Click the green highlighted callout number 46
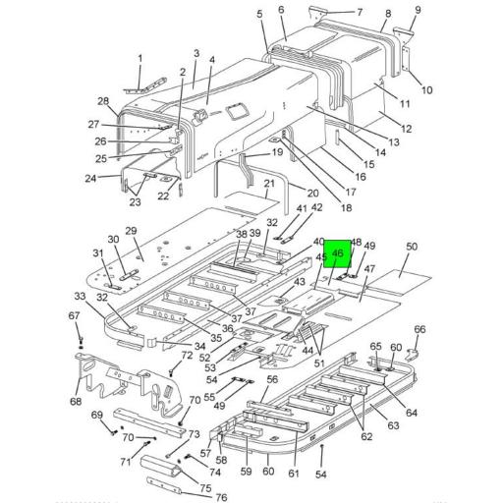click(x=338, y=253)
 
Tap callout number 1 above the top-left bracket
click(x=140, y=59)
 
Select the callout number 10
click(x=427, y=90)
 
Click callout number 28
click(x=102, y=102)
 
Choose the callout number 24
click(x=91, y=178)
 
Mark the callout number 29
click(x=130, y=230)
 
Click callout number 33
click(x=81, y=296)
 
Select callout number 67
click(x=73, y=315)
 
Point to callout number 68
click(x=76, y=401)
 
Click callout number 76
click(x=221, y=497)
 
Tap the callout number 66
click(x=419, y=329)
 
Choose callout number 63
click(x=393, y=425)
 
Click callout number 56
click(x=273, y=379)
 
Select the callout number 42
click(x=317, y=207)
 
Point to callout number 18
click(x=318, y=208)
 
